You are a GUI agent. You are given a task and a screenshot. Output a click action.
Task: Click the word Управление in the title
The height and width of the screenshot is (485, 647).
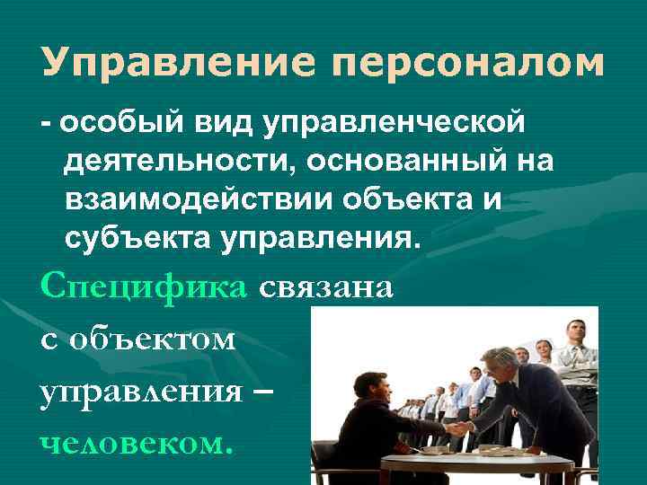(171, 62)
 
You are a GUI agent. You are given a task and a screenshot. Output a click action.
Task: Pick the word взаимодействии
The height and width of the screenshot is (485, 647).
(197, 200)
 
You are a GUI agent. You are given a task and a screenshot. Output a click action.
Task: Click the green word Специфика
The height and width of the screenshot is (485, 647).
(143, 289)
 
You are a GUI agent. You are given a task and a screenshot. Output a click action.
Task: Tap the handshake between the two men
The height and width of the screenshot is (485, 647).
(456, 428)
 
